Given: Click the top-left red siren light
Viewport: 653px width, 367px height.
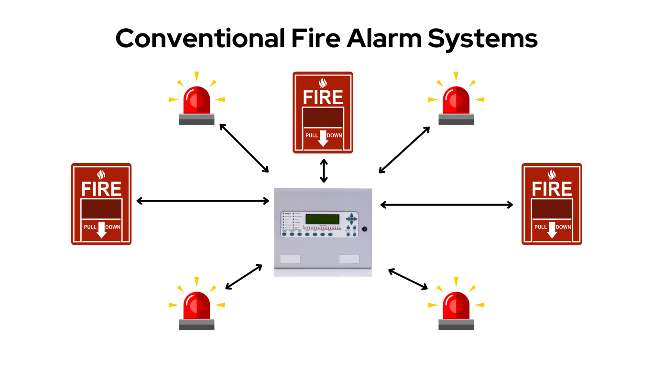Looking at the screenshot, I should point(196,101).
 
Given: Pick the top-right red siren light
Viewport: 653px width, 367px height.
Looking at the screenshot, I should point(456,101).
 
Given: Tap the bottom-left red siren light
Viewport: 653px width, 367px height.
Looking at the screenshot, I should point(196,306).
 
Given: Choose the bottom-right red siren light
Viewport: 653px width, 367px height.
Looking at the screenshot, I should point(456,306).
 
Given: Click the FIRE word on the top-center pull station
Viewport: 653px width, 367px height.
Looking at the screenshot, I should point(323,97).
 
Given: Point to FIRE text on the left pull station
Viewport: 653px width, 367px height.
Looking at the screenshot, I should point(101,189).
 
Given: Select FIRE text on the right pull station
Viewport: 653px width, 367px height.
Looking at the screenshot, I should point(552,189).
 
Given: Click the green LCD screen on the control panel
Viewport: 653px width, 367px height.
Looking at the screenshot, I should point(323,219).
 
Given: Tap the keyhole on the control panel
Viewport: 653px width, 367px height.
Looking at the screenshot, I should point(364,229).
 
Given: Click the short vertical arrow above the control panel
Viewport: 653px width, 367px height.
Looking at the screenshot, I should point(324,171).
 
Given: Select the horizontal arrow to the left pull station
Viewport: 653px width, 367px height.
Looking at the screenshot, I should point(203,201).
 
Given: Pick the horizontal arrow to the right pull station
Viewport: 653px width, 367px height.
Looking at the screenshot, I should point(446,205).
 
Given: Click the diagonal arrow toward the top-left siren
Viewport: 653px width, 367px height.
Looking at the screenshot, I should point(244,148).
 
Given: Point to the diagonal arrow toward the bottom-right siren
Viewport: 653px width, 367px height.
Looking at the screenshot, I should point(408,279).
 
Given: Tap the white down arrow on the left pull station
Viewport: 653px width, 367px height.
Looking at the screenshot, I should point(101,230).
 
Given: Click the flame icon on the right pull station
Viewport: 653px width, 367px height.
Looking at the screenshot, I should point(552,174).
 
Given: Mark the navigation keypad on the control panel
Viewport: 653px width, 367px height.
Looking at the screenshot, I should point(351,219).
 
